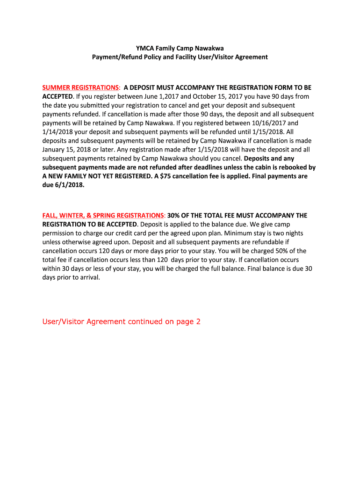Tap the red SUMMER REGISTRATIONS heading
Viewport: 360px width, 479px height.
pyautogui.click(x=80, y=87)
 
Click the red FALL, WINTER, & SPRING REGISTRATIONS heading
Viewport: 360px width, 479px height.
pyautogui.click(x=103, y=215)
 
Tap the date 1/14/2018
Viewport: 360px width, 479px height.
pyautogui.click(x=58, y=131)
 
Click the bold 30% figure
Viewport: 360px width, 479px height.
pyautogui.click(x=173, y=215)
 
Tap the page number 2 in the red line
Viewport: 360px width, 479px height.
pyautogui.click(x=198, y=321)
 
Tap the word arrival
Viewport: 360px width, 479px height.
pyautogui.click(x=87, y=277)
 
